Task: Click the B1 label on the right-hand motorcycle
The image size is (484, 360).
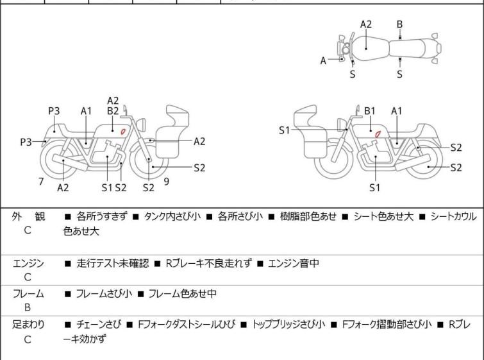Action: (x=370, y=111)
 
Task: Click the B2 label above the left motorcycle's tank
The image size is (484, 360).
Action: (x=113, y=111)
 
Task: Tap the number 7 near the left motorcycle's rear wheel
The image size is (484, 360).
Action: (x=41, y=182)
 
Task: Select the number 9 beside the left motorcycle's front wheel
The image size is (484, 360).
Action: (x=166, y=182)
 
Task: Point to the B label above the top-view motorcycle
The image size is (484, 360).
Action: (x=399, y=24)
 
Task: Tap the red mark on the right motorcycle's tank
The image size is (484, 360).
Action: (x=378, y=133)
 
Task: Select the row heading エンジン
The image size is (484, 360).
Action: (x=29, y=263)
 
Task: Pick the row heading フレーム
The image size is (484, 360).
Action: (x=29, y=294)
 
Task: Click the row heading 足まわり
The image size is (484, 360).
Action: (x=29, y=325)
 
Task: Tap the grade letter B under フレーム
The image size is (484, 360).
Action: (x=28, y=308)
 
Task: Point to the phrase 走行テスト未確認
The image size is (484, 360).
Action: (x=112, y=263)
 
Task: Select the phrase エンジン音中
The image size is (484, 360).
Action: (x=293, y=263)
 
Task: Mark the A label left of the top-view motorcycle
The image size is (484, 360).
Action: (x=324, y=61)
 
